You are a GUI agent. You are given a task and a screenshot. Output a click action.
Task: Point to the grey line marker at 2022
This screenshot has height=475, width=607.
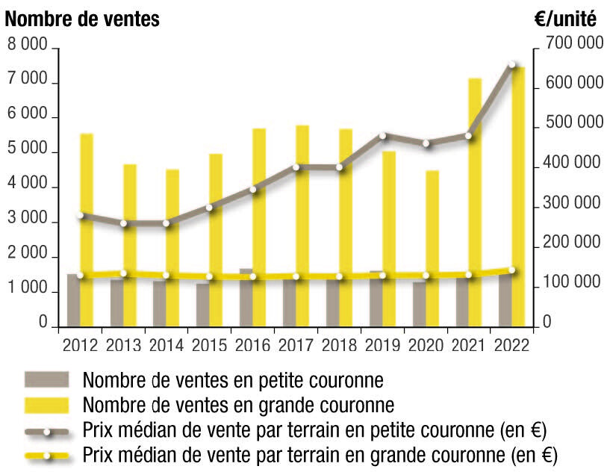(512, 66)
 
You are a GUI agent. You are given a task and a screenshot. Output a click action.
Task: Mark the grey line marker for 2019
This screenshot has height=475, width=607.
(382, 136)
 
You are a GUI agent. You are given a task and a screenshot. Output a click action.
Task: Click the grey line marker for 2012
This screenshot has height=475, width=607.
(80, 215)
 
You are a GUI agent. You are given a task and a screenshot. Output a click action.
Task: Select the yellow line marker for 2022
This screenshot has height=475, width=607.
(512, 270)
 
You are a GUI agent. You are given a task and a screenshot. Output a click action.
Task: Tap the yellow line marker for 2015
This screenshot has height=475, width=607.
(210, 277)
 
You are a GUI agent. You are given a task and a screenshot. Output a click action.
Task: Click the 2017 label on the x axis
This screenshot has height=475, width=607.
(296, 346)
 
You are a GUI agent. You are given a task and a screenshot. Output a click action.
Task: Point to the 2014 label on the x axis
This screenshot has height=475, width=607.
(166, 346)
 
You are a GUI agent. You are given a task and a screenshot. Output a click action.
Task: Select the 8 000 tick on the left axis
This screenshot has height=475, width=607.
(28, 46)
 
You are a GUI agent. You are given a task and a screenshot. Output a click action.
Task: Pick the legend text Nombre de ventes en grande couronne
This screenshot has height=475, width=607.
(238, 406)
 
